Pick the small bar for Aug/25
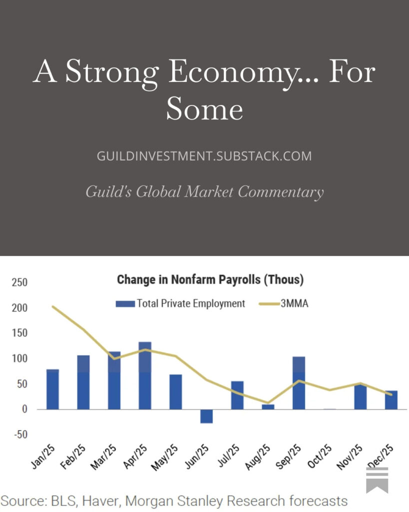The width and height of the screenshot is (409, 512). [268, 406]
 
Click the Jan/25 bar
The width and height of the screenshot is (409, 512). [52, 389]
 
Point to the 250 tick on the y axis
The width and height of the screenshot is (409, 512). [20, 282]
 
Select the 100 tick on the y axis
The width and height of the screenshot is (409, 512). [20, 359]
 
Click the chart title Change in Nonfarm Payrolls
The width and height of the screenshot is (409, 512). [210, 279]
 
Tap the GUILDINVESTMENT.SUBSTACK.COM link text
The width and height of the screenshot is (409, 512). [204, 156]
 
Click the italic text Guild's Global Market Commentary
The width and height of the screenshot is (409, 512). [204, 191]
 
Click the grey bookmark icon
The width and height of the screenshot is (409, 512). [377, 480]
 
